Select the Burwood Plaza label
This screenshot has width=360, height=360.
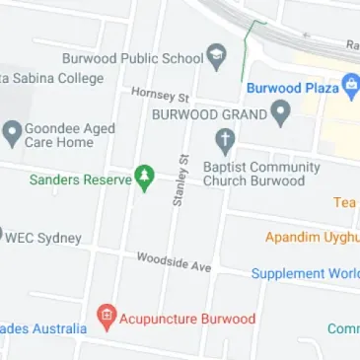click(x=292, y=87)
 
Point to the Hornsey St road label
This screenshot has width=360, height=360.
click(x=160, y=95)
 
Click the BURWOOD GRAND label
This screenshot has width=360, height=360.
click(x=210, y=113)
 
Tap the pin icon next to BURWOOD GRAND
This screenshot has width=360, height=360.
click(x=281, y=113)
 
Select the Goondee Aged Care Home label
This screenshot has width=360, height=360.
click(x=70, y=136)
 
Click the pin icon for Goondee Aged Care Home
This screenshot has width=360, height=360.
click(x=12, y=130)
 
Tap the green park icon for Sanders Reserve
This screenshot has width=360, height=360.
click(x=144, y=179)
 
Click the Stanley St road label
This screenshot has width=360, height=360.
click(x=180, y=179)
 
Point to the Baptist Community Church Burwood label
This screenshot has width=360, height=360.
click(x=261, y=174)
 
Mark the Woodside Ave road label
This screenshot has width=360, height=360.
click(x=174, y=262)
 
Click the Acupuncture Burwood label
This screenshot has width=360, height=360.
click(x=187, y=319)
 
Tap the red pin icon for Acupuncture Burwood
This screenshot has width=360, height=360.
click(x=107, y=317)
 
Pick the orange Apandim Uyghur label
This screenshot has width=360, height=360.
click(x=312, y=237)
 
